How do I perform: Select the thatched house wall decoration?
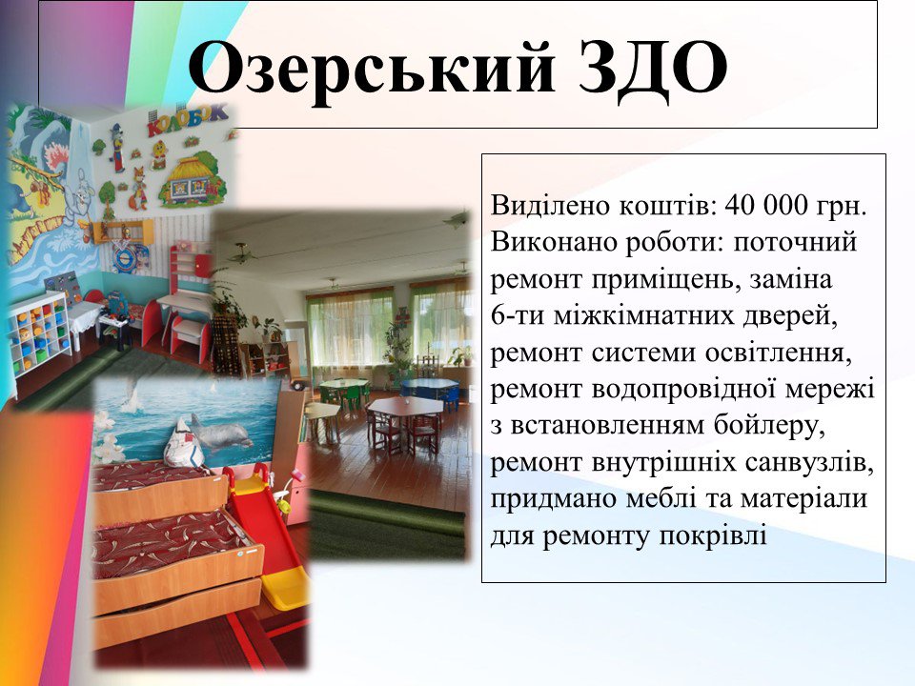(193, 181)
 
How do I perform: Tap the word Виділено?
(550, 207)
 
